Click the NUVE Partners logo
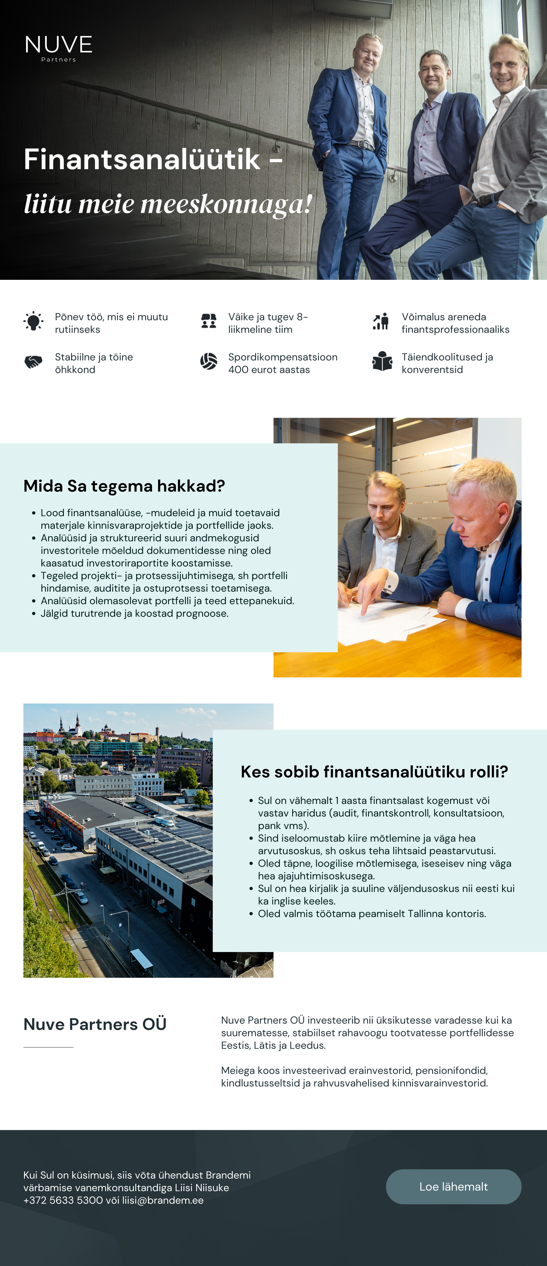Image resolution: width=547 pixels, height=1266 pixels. (59, 48)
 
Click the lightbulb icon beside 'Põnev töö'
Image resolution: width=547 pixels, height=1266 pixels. (33, 321)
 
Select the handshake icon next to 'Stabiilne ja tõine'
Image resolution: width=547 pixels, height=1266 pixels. (33, 362)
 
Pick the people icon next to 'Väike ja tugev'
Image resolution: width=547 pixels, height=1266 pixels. (209, 321)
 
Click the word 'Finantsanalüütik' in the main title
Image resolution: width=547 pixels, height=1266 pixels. (142, 160)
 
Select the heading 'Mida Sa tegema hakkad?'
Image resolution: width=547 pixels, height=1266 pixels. (124, 486)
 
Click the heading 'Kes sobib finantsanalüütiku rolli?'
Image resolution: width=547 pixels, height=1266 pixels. (374, 772)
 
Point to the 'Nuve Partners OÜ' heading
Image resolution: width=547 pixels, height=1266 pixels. (95, 1024)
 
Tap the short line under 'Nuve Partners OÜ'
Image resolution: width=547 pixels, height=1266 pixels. (48, 1047)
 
